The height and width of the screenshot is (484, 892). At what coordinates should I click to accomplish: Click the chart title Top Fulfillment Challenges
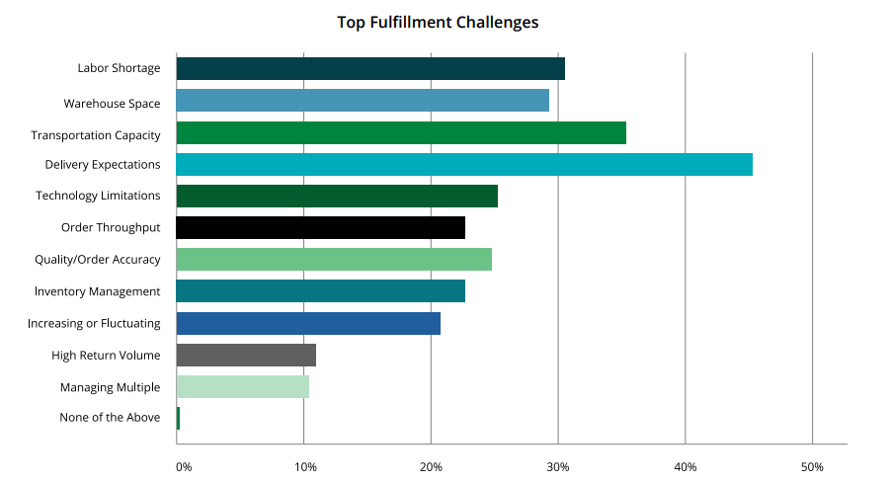coord(438,22)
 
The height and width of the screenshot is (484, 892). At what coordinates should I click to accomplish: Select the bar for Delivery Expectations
coord(464,165)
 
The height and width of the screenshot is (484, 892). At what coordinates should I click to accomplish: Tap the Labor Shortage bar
coord(370,69)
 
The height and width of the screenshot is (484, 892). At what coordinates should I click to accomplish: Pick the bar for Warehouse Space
coord(363,101)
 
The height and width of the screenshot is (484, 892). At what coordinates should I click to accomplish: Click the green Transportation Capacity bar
coord(401,133)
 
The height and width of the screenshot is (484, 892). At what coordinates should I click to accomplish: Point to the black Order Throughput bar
coord(320,228)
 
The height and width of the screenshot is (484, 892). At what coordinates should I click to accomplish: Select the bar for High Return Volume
coord(246,355)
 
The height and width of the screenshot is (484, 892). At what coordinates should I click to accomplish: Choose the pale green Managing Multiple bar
coord(242,386)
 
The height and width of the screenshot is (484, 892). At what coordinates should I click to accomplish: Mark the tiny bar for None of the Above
coord(178,418)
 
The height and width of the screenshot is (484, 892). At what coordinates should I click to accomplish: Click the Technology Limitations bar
coord(337,197)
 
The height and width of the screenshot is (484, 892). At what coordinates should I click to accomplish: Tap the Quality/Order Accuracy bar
coord(334,260)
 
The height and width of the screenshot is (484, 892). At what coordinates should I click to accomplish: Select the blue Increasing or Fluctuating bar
coord(308,323)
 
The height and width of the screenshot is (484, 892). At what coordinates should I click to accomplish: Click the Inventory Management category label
coord(97,291)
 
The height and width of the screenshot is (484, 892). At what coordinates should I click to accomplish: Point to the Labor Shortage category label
coord(119,69)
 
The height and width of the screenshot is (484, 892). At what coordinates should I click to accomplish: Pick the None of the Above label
coord(110,418)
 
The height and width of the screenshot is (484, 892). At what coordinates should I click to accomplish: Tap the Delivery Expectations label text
coord(103,165)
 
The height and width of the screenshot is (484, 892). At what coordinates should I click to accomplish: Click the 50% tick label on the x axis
coord(812,466)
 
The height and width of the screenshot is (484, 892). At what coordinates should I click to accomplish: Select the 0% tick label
coord(184,466)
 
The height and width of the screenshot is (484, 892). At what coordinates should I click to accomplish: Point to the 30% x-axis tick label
coord(558,466)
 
